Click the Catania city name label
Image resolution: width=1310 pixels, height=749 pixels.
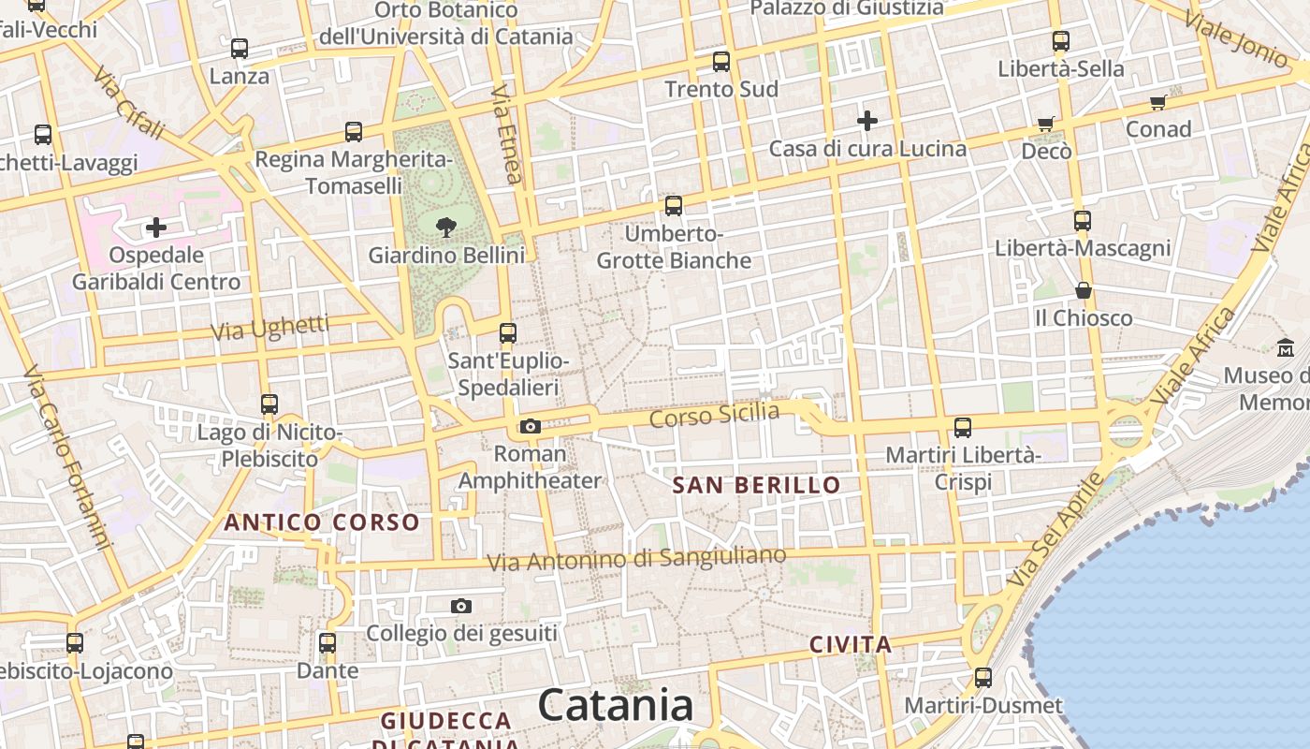click(616, 705)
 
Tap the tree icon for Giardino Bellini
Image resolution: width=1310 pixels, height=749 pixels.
click(446, 226)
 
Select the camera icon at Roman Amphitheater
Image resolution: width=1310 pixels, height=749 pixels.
click(531, 427)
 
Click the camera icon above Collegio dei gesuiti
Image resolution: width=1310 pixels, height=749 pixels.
click(460, 606)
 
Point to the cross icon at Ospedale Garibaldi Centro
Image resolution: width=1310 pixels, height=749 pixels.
click(156, 227)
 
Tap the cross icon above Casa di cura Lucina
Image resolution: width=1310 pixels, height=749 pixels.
click(867, 120)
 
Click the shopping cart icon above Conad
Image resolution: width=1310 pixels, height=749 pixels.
click(1157, 102)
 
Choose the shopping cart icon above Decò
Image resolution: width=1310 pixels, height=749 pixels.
click(1046, 124)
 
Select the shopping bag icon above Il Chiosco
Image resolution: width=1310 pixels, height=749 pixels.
click(1083, 290)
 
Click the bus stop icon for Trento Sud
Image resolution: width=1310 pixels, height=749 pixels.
click(720, 62)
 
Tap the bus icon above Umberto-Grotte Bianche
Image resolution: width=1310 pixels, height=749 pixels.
click(673, 206)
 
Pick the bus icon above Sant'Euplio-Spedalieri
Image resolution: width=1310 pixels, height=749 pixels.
click(507, 332)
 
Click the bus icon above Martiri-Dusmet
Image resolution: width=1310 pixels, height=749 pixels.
click(982, 677)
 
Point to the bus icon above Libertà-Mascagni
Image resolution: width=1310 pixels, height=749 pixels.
click(1082, 221)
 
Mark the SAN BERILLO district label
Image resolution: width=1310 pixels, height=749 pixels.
click(757, 485)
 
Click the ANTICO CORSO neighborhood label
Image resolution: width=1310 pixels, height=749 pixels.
click(321, 522)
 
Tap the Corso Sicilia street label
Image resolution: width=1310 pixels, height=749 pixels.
click(714, 415)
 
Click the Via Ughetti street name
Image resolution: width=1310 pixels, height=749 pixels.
click(269, 329)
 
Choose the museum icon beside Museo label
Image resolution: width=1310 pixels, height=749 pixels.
click(1286, 347)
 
